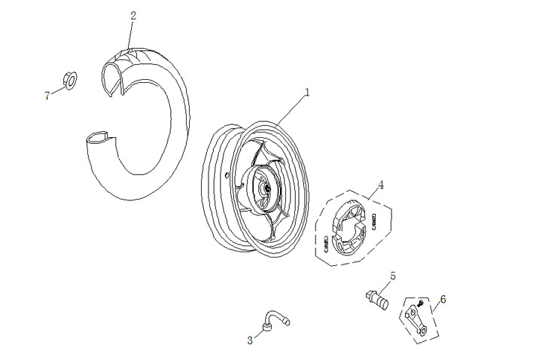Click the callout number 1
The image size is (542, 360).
[307, 92]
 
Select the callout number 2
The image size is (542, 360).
[133, 15]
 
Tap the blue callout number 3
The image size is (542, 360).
[250, 340]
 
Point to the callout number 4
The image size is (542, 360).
[381, 184]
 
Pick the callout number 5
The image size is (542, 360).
[393, 276]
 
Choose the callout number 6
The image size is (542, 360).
[443, 299]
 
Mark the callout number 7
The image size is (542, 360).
[47, 94]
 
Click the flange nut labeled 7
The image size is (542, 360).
[65, 80]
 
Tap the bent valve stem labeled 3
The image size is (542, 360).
[276, 320]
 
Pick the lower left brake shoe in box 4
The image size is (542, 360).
[336, 241]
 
